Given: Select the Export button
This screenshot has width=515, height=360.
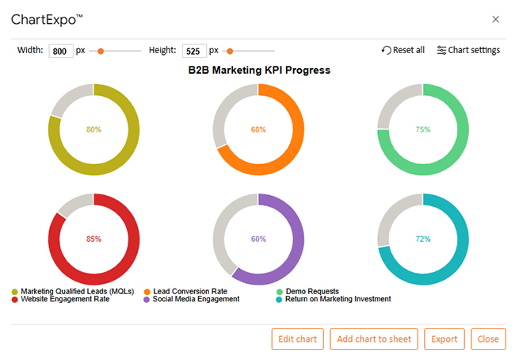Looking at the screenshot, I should tap(444, 339).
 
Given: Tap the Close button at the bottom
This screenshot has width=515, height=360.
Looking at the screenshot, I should tap(488, 339).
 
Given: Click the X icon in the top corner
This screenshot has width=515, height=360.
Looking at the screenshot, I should tap(496, 19).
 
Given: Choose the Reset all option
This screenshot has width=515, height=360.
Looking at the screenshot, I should tap(402, 50).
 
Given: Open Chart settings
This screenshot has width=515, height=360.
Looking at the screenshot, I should tap(468, 50).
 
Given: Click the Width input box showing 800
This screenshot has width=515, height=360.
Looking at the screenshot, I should tap(60, 51).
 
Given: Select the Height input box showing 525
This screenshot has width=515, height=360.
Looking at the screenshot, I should tap(193, 51).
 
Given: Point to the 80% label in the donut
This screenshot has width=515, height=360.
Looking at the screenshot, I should tap(93, 129).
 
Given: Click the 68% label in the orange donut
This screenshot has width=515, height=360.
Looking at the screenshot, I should tap(258, 129).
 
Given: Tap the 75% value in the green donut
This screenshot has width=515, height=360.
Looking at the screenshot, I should tap(423, 129).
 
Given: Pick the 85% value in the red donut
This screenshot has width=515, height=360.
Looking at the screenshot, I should tap(93, 239).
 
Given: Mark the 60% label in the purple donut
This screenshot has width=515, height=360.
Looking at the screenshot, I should tap(258, 239).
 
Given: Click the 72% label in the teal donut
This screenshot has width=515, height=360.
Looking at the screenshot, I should tap(423, 239).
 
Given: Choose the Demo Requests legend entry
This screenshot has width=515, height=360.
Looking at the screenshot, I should tap(312, 291).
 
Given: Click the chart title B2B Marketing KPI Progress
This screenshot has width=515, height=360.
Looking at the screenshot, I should tap(259, 70).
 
